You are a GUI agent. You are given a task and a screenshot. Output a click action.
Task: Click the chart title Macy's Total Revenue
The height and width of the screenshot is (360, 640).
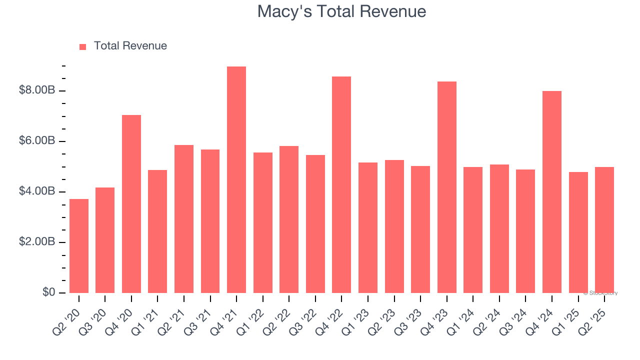click(x=341, y=11)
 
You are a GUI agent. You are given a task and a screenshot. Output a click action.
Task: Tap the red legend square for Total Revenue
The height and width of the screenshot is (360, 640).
click(x=83, y=46)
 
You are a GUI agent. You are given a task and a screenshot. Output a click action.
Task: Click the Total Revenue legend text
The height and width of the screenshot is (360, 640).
click(x=130, y=46)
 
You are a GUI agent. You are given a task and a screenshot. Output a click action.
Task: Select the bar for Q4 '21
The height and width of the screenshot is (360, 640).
click(x=236, y=180)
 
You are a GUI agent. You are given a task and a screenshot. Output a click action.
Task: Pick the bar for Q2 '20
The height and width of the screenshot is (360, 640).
click(x=79, y=246)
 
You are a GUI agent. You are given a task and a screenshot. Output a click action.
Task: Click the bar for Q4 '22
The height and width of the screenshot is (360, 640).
click(x=341, y=185)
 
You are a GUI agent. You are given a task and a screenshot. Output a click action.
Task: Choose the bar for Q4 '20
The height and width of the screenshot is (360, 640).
click(x=131, y=204)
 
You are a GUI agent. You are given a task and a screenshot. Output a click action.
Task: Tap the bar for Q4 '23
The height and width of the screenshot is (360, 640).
click(x=446, y=187)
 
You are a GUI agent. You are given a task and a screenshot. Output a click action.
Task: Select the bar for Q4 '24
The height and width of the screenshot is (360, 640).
click(x=551, y=192)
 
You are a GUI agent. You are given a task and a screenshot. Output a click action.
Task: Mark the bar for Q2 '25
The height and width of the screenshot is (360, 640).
click(x=604, y=230)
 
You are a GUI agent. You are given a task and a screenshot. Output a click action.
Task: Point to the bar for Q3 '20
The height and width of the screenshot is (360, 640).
click(x=105, y=240)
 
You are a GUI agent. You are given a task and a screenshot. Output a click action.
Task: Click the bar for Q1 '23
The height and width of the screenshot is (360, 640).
click(x=368, y=227)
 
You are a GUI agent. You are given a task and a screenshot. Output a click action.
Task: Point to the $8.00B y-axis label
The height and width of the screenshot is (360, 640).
click(x=36, y=90)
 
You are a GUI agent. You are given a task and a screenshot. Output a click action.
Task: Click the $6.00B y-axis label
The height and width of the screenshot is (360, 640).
click(x=36, y=141)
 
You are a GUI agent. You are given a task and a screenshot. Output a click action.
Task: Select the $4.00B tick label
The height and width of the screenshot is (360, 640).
click(x=36, y=191)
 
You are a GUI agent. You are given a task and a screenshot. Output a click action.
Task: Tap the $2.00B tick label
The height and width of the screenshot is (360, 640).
click(x=36, y=242)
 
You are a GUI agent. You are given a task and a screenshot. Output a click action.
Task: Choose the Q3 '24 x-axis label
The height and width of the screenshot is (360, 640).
click(x=515, y=315)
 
